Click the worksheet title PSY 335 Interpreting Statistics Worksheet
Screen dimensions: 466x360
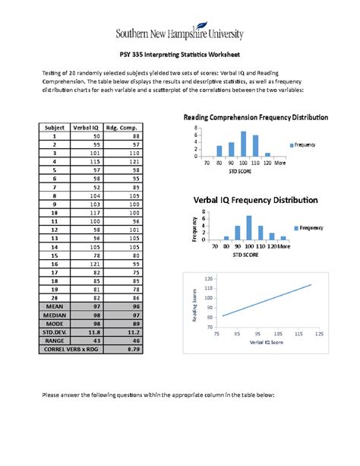coord(180,55)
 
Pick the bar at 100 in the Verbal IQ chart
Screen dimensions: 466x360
coord(248,227)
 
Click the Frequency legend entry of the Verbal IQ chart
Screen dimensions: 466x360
coord(308,227)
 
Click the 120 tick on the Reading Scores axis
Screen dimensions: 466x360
coord(207,279)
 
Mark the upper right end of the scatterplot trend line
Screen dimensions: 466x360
coord(311,285)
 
